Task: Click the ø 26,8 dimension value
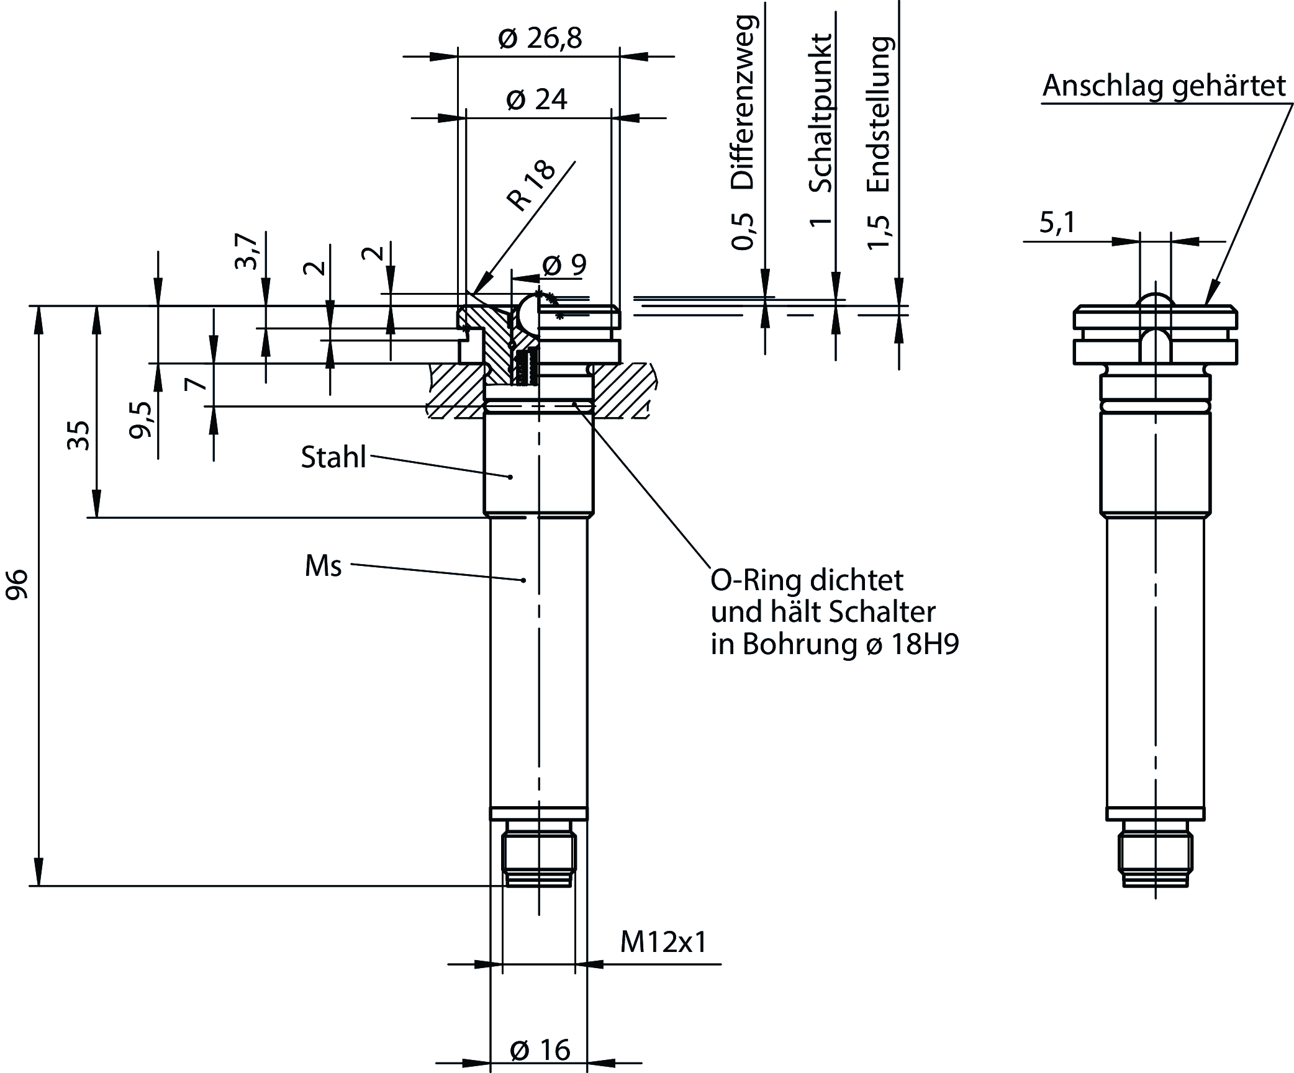click(540, 38)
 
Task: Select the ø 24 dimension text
click(536, 99)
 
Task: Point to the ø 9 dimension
click(564, 265)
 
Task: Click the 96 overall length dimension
click(17, 583)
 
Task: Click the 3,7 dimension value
click(247, 251)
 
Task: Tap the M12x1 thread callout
click(663, 943)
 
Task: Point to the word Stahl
click(333, 457)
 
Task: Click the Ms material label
click(323, 566)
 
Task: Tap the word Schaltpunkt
click(820, 113)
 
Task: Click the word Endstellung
click(880, 114)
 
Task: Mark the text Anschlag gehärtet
click(1164, 86)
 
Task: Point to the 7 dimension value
click(197, 384)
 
